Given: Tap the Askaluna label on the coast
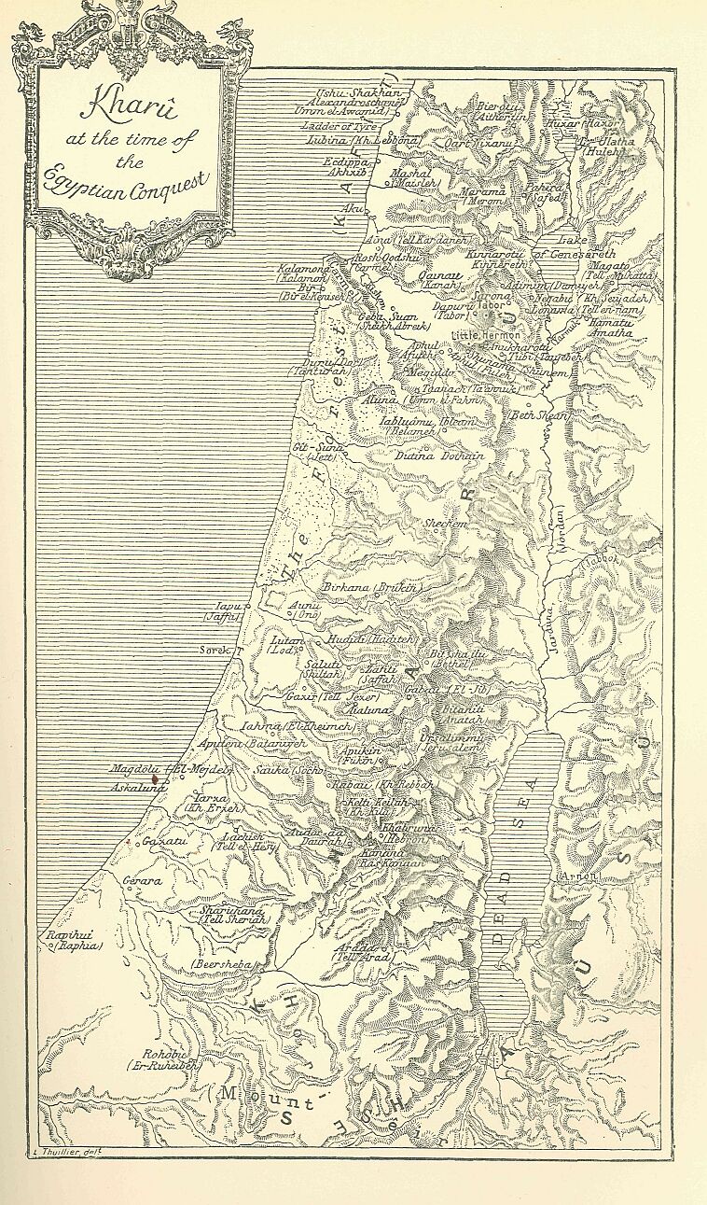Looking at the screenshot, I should (x=137, y=787).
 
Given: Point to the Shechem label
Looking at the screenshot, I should (x=446, y=525).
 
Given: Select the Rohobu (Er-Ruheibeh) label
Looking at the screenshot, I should (x=158, y=1059).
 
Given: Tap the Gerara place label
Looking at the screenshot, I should (x=143, y=880).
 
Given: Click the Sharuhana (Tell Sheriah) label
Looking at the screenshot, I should (x=234, y=914).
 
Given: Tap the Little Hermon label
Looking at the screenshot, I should (x=486, y=333).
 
